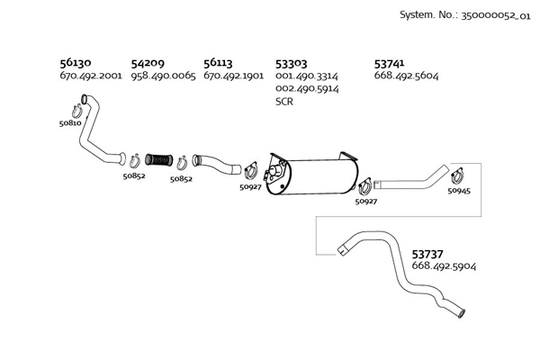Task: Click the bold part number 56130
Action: [75, 64]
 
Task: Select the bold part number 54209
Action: [148, 64]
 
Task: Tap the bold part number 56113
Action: [218, 64]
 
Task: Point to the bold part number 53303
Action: [292, 64]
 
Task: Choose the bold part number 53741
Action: [391, 64]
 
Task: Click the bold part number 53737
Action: [429, 255]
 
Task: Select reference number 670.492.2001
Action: [90, 76]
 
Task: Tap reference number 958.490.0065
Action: [163, 76]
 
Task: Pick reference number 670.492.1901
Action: [233, 76]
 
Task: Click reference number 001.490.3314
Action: [307, 76]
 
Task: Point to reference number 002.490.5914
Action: [307, 89]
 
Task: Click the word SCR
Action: [284, 102]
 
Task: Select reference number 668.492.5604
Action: [406, 76]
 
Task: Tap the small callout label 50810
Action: [69, 122]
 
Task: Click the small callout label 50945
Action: [458, 192]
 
